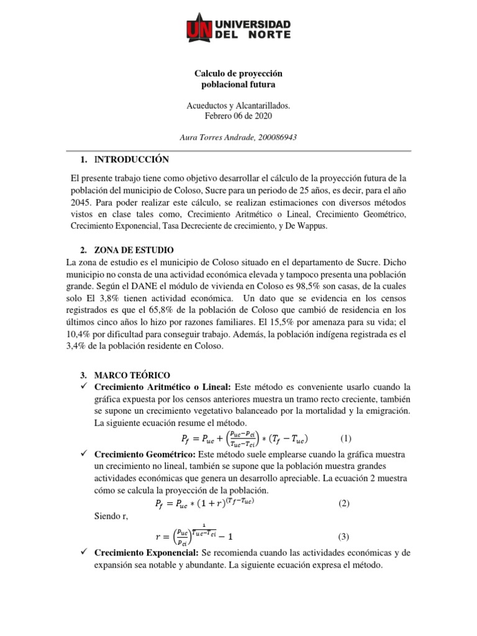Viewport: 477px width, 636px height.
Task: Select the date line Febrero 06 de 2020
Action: pyautogui.click(x=238, y=116)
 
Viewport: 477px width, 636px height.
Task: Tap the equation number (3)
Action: pyautogui.click(x=344, y=536)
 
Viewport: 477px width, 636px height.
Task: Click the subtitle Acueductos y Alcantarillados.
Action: pyautogui.click(x=238, y=106)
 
